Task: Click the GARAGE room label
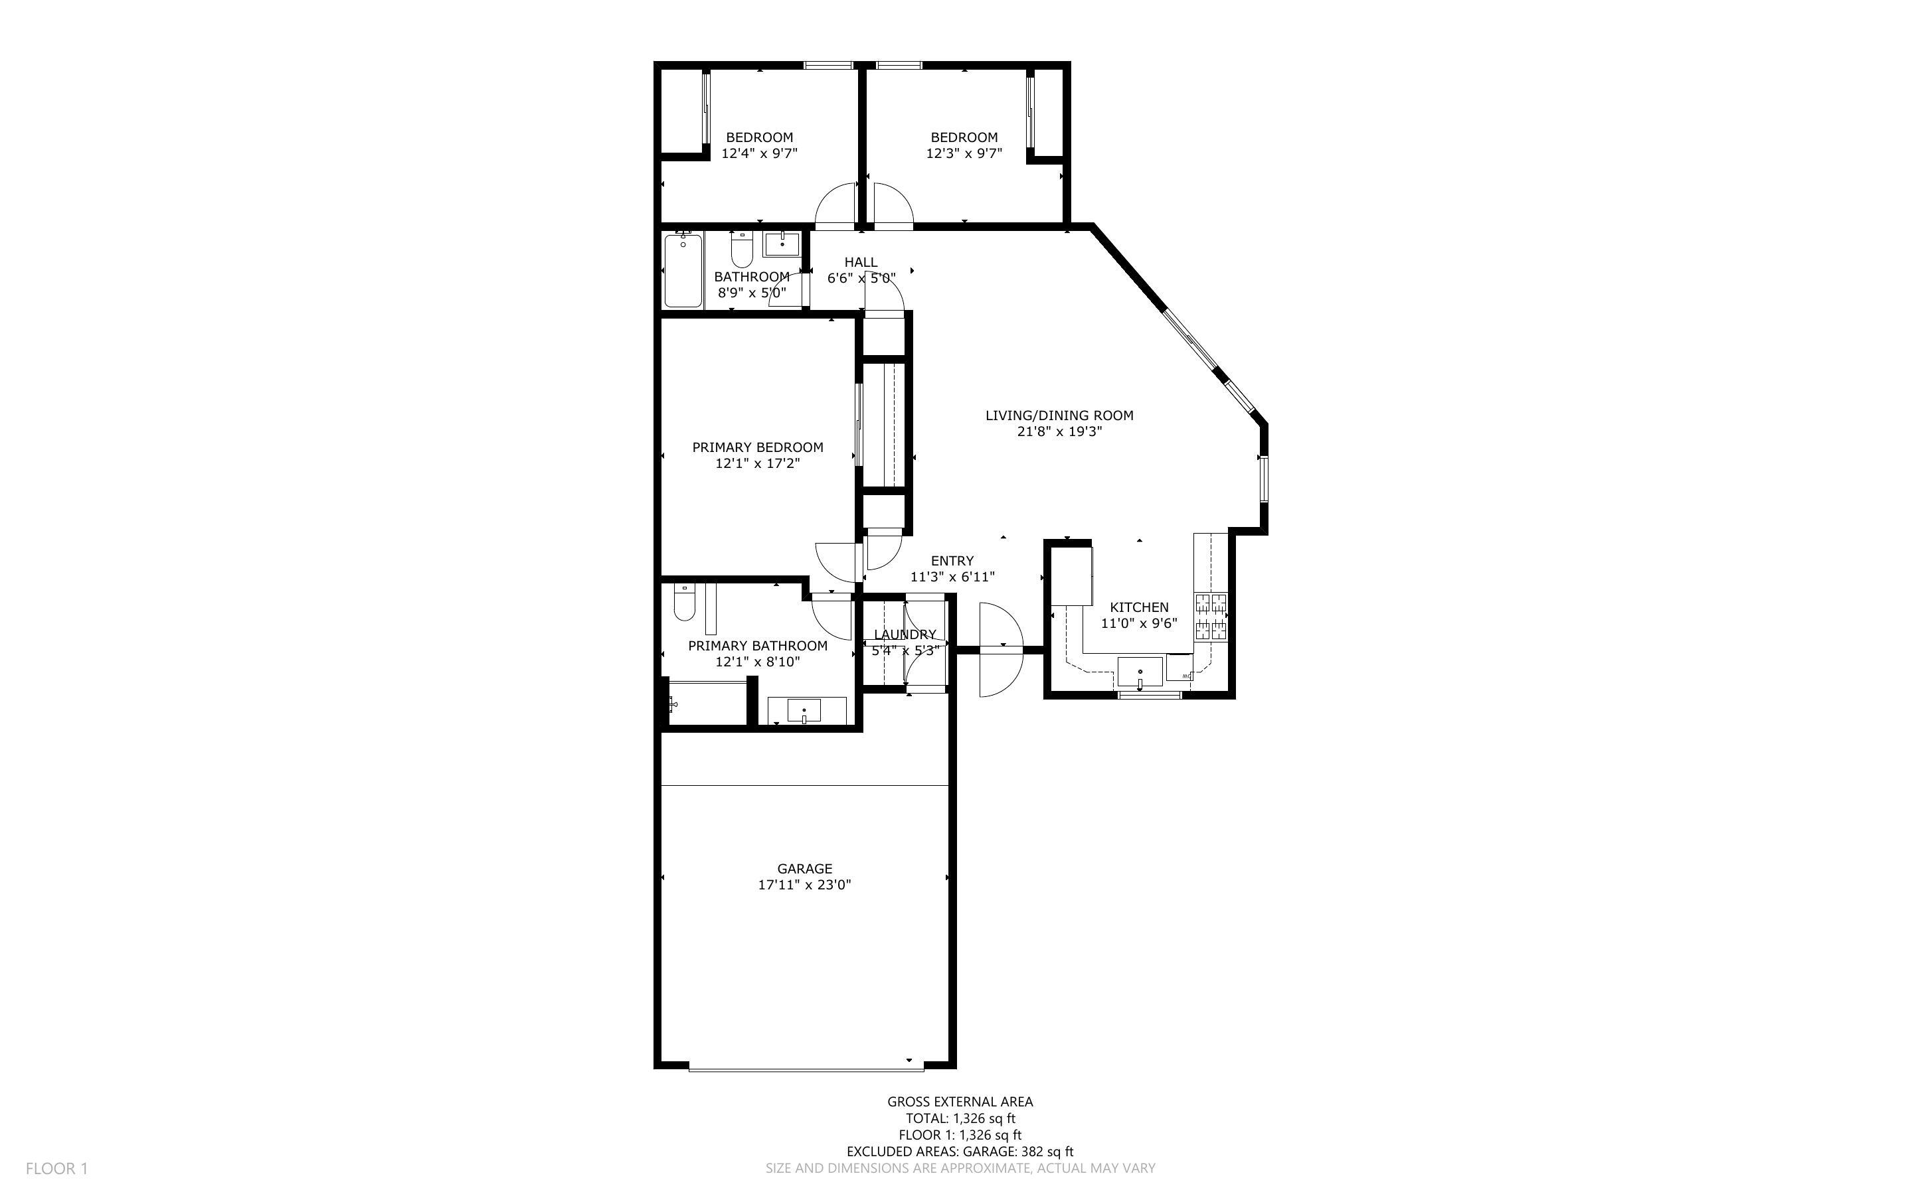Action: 804,868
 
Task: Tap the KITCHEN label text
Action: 1138,607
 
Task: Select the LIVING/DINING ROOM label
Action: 1059,415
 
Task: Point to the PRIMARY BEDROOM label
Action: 757,447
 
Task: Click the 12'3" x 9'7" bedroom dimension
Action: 964,153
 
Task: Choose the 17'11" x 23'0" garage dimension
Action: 804,885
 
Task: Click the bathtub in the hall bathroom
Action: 683,270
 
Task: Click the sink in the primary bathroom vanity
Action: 804,710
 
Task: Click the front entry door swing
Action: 1001,649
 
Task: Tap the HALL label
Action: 861,262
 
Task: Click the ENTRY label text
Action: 952,560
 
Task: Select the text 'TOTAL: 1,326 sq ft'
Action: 960,1118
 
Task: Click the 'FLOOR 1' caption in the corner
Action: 57,1168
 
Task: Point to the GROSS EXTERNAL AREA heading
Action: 960,1102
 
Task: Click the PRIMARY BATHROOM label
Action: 757,645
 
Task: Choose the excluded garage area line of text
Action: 960,1152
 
